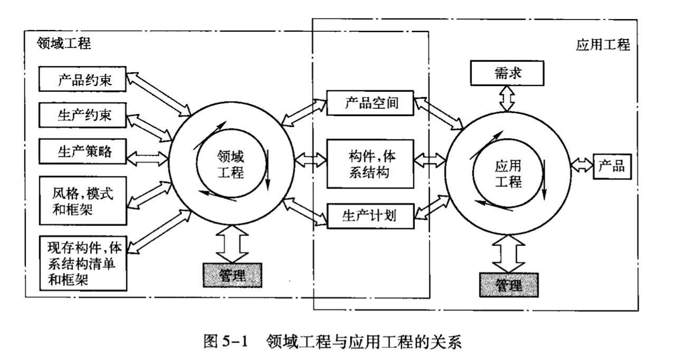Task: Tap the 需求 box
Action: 507,74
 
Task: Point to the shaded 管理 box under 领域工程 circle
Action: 232,274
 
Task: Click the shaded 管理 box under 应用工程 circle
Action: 509,285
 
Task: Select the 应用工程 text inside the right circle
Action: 508,174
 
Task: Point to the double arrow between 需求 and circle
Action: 507,99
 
